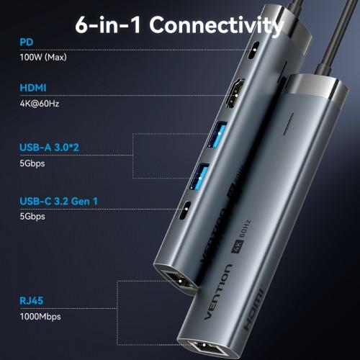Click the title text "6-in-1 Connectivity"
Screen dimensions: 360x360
pyautogui.click(x=179, y=26)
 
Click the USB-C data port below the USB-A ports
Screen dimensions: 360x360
pyautogui.click(x=186, y=212)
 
